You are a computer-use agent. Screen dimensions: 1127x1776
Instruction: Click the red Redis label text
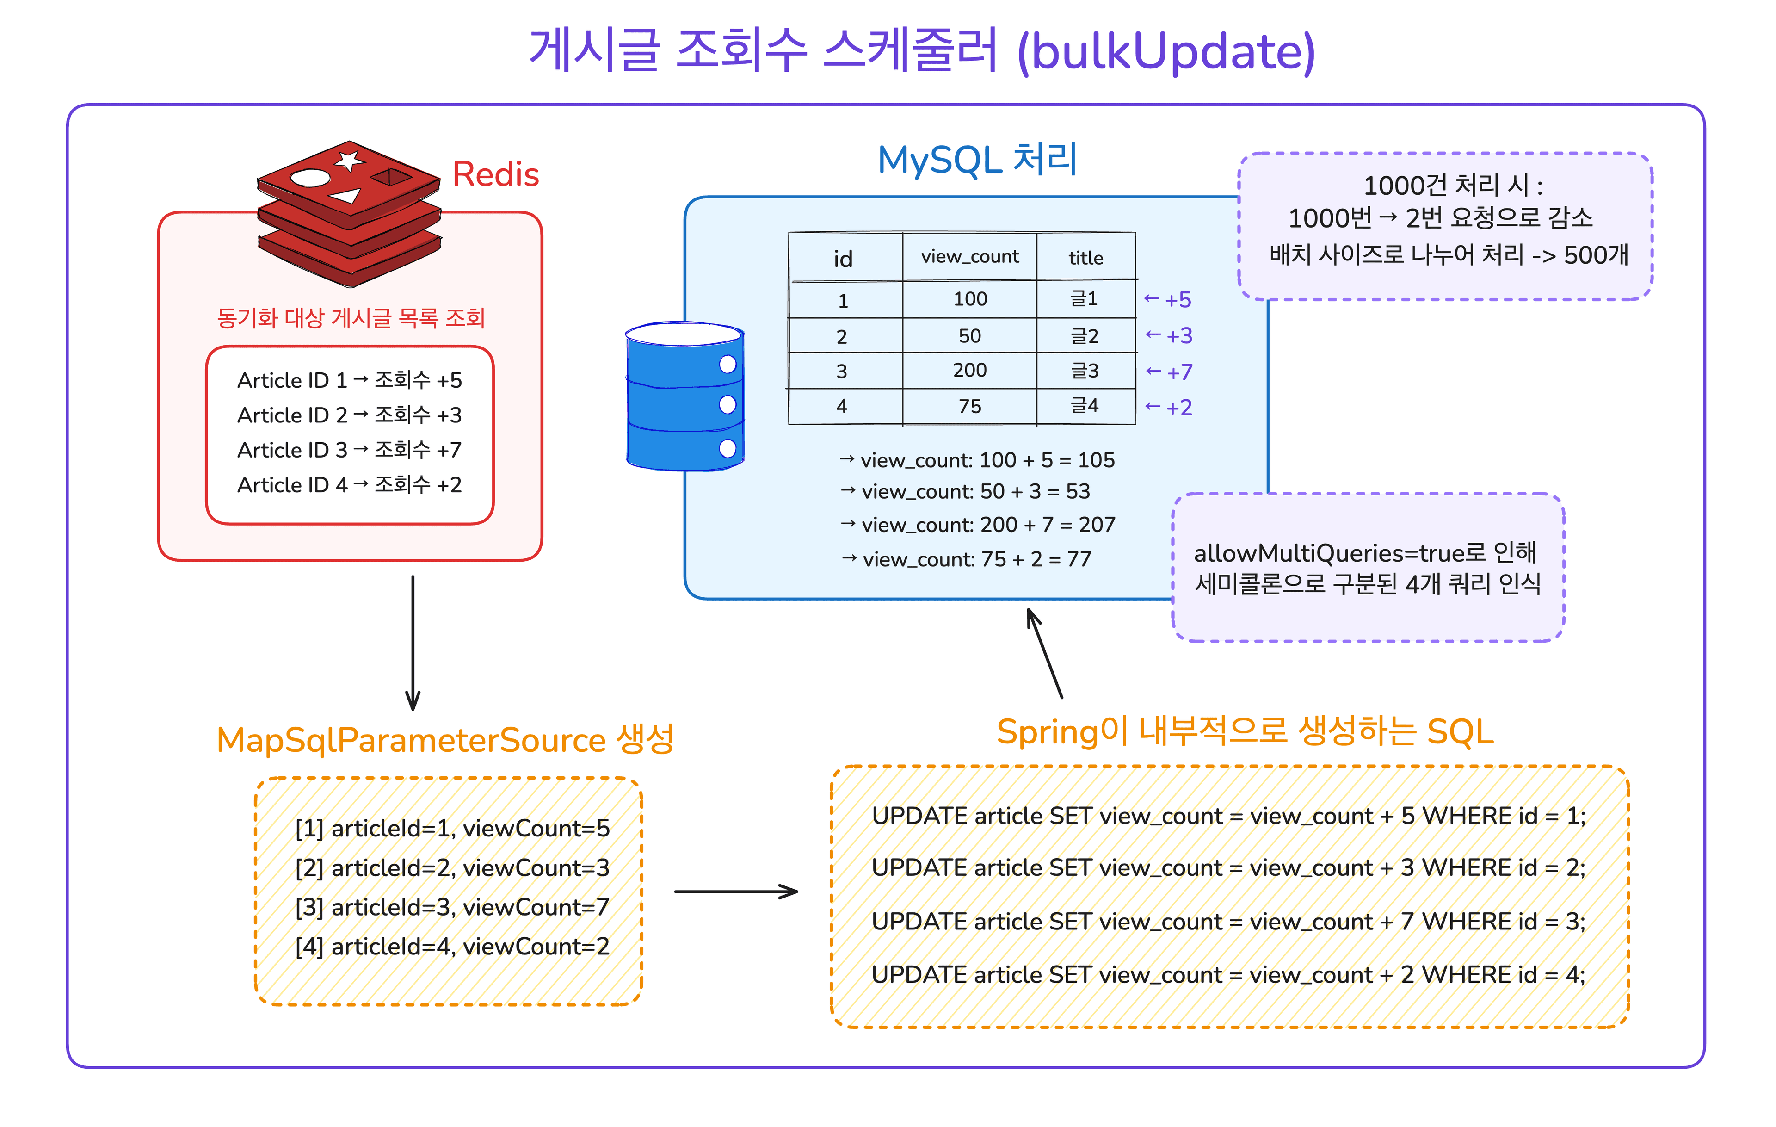(x=496, y=175)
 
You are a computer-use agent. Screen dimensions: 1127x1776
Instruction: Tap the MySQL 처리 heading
(x=977, y=160)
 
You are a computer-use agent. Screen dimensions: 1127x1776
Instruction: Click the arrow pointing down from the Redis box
(x=413, y=642)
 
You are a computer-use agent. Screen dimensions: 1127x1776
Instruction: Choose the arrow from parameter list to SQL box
(x=736, y=892)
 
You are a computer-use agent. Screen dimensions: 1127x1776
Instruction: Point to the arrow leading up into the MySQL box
(x=1045, y=653)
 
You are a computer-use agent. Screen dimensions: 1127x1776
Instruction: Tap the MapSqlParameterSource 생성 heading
(x=445, y=740)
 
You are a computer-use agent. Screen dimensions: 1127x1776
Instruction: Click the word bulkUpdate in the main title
(x=1165, y=52)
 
